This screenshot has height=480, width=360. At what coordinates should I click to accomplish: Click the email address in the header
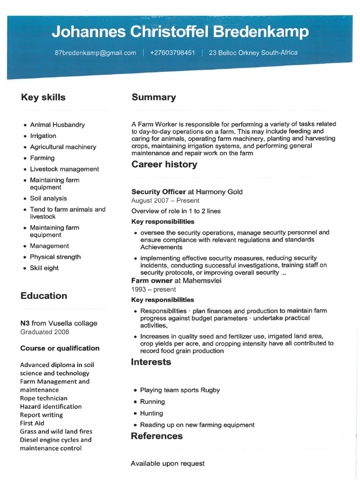pyautogui.click(x=96, y=53)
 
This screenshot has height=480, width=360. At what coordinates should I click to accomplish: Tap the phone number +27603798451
pyautogui.click(x=172, y=53)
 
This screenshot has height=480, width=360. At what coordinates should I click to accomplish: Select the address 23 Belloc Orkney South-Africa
pyautogui.click(x=253, y=52)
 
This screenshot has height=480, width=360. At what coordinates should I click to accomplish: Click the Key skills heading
pyautogui.click(x=43, y=97)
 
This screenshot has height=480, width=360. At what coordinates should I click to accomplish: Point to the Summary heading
pyautogui.click(x=154, y=97)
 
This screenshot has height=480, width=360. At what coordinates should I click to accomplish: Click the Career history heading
pyautogui.click(x=164, y=165)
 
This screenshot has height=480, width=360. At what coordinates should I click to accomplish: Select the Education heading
pyautogui.click(x=44, y=296)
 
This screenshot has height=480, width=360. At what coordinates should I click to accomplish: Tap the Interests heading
pyautogui.click(x=151, y=362)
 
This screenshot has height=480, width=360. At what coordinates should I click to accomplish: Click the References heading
pyautogui.click(x=157, y=436)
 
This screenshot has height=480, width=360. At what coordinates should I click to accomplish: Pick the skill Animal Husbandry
pyautogui.click(x=57, y=125)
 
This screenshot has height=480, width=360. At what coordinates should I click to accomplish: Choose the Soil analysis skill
pyautogui.click(x=48, y=198)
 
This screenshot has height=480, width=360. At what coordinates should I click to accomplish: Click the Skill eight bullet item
pyautogui.click(x=44, y=268)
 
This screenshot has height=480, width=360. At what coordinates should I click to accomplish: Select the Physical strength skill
pyautogui.click(x=55, y=257)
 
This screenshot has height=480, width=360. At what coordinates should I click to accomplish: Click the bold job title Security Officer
pyautogui.click(x=158, y=192)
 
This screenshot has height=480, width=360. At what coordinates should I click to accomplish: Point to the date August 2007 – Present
pyautogui.click(x=165, y=201)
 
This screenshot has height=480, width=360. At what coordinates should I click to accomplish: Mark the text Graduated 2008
pyautogui.click(x=45, y=332)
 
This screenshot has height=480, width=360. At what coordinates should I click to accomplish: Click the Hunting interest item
pyautogui.click(x=151, y=413)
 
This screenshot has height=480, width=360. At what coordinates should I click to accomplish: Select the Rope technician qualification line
pyautogui.click(x=44, y=398)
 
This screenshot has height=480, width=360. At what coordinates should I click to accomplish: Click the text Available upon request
pyautogui.click(x=167, y=464)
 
